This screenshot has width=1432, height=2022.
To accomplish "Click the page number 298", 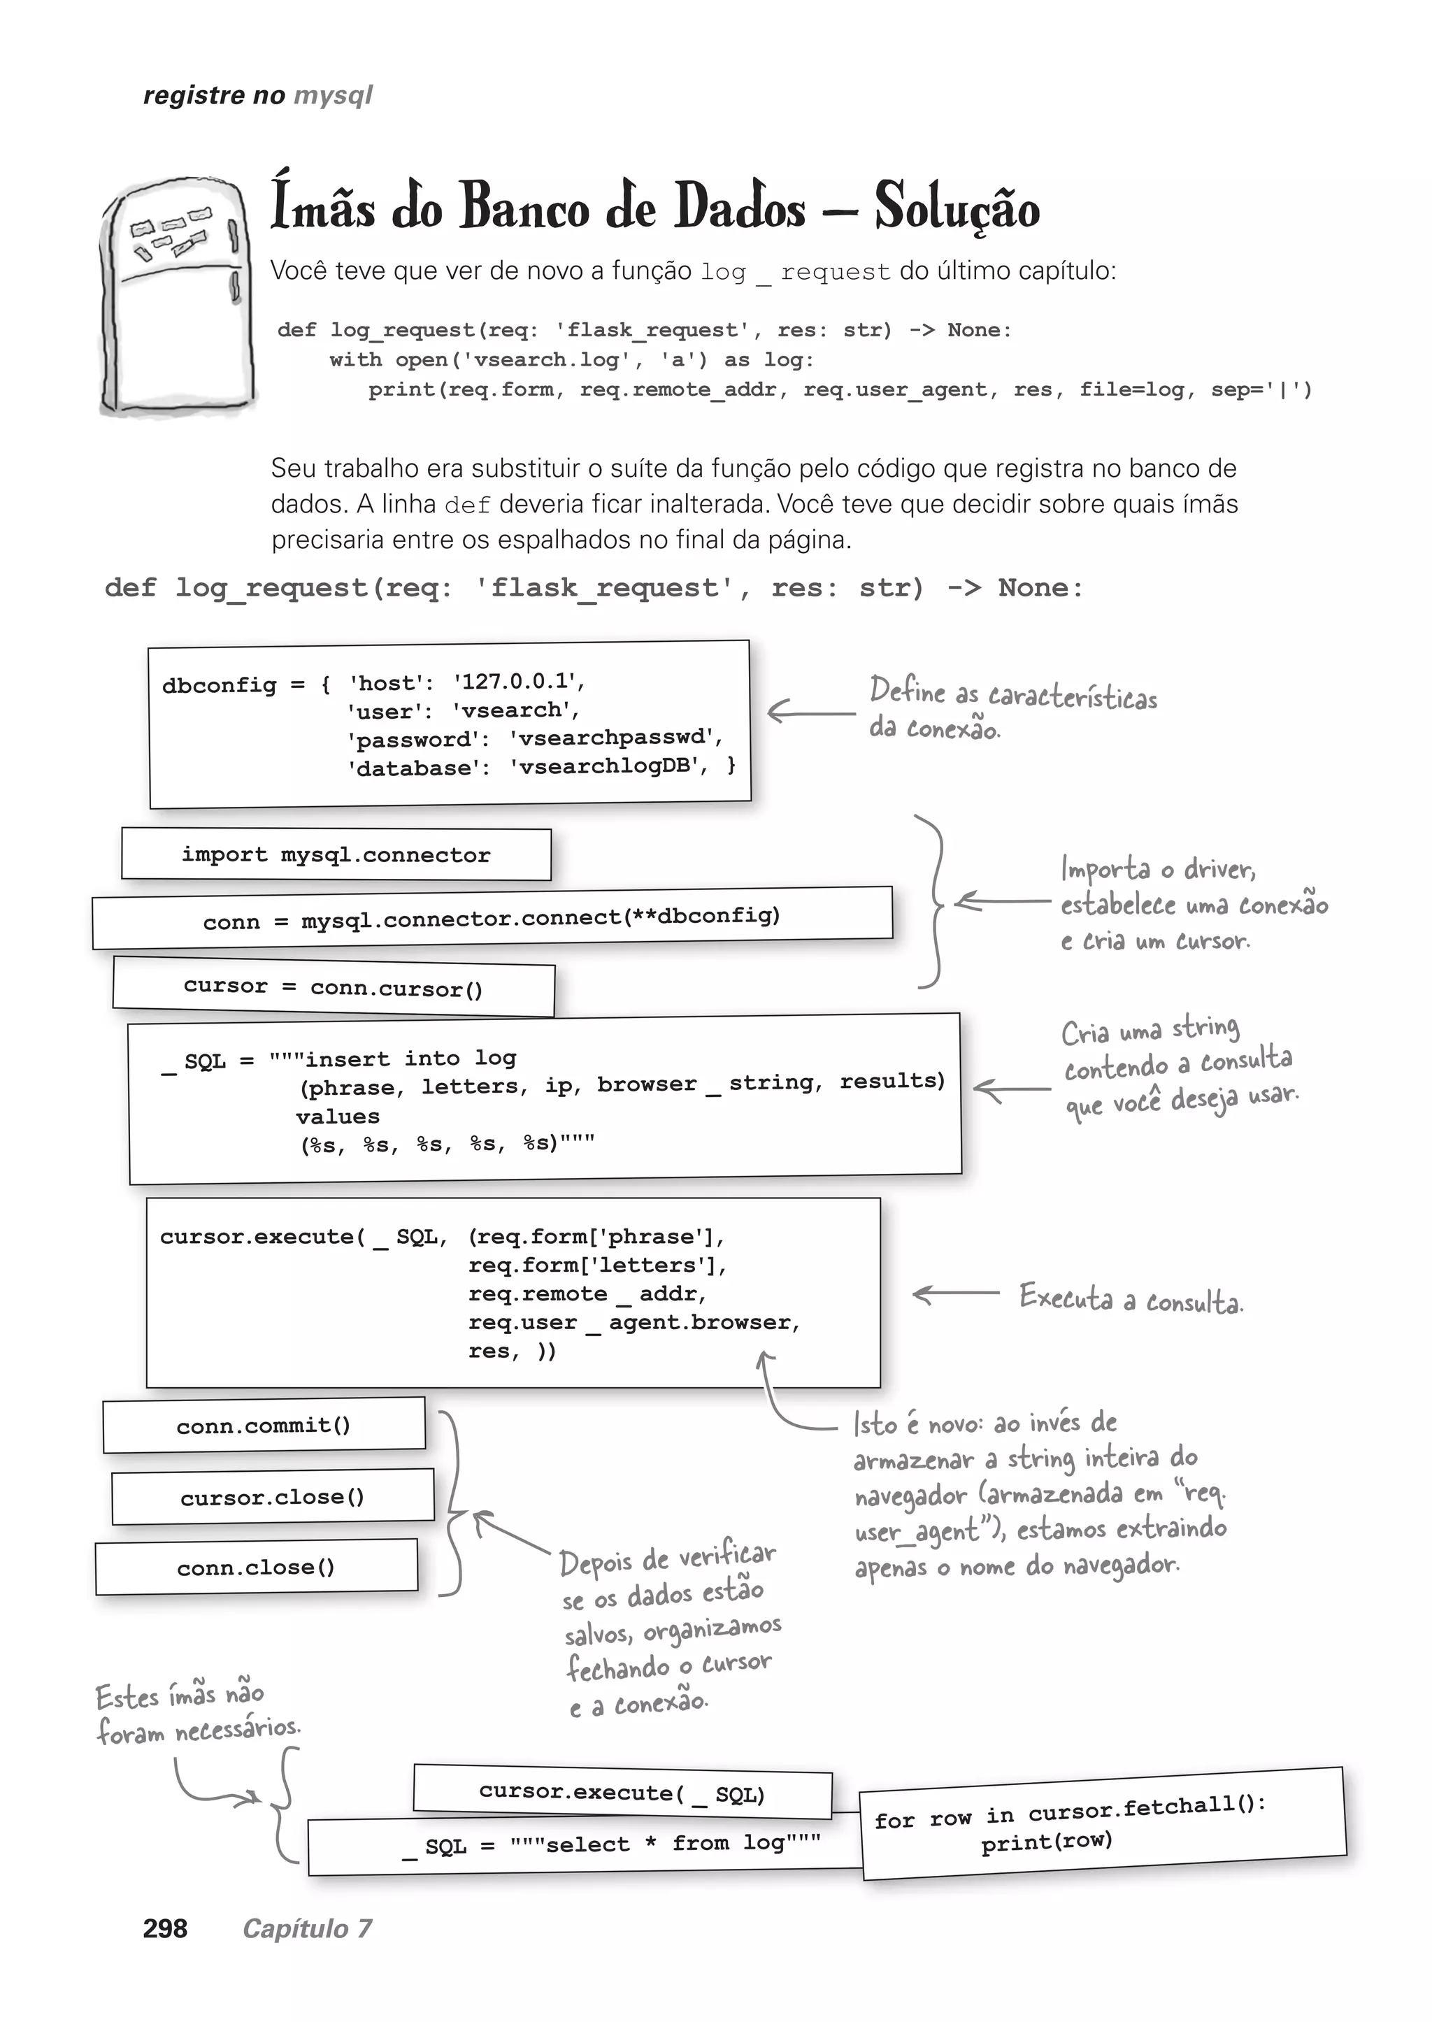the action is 165,1928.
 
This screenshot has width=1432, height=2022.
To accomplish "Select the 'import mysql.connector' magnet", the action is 336,854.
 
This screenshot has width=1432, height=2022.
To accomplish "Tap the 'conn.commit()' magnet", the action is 264,1425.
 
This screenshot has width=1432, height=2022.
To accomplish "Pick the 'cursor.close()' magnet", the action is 273,1496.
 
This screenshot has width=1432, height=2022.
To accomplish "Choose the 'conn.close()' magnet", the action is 256,1567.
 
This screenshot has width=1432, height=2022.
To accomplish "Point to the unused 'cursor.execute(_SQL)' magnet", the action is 622,1793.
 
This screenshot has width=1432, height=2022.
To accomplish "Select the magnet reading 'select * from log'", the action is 611,1844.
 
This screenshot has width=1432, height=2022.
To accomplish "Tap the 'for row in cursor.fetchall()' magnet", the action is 1102,1823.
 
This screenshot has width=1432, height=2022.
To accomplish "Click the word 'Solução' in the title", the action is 957,206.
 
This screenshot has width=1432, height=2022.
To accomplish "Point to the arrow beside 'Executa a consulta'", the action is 956,1294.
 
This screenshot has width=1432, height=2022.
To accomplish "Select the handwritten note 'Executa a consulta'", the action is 1131,1299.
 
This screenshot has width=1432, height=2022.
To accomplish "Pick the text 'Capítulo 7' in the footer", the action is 307,1928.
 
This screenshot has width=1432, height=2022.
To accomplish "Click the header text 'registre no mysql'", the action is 257,95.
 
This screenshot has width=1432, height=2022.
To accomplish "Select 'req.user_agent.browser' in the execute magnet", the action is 633,1323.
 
